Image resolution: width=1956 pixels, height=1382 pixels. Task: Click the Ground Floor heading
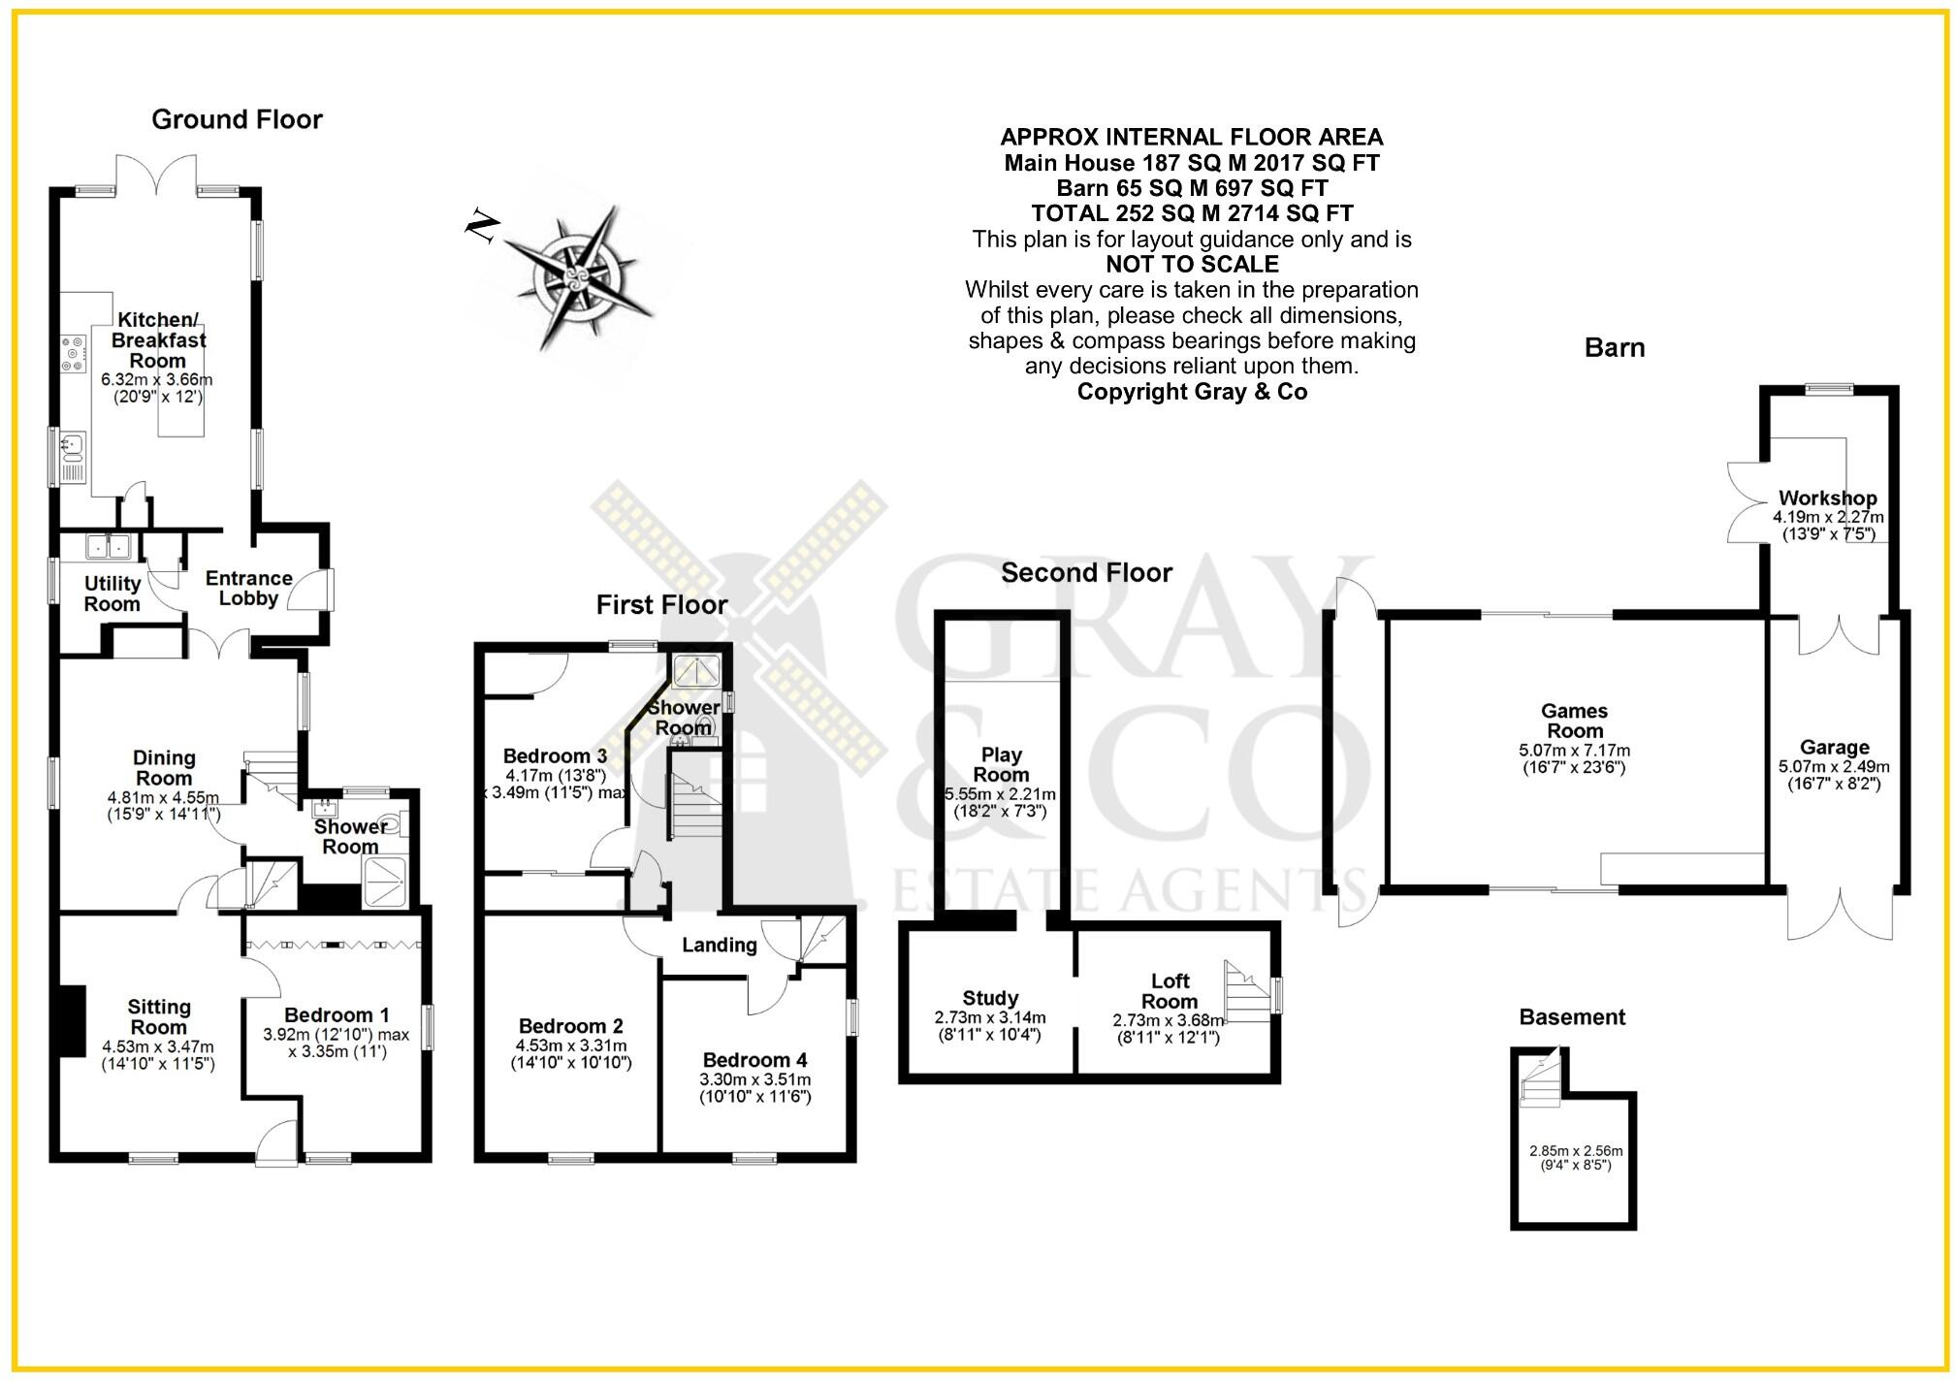point(237,119)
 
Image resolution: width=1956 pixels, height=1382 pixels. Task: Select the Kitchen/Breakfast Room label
point(158,339)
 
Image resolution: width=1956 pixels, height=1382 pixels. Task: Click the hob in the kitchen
point(73,354)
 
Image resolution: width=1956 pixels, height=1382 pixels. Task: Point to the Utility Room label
point(112,594)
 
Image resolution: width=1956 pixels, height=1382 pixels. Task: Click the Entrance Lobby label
point(248,588)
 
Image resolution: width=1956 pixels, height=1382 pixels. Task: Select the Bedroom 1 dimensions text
point(337,1043)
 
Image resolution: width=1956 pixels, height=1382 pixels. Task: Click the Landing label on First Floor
point(719,945)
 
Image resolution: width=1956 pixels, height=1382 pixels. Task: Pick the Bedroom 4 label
point(754,1060)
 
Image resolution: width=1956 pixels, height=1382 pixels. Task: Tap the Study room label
point(990,998)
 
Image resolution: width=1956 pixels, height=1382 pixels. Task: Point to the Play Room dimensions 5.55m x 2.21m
point(1000,802)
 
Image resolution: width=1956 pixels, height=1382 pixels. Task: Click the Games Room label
point(1574,721)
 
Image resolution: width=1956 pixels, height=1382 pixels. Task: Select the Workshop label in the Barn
point(1827,498)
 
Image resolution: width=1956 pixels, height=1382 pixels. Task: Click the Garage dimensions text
point(1833,774)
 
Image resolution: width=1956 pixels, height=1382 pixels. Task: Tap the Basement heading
point(1572,1017)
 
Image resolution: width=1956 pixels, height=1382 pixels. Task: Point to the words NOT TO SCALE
point(1192,264)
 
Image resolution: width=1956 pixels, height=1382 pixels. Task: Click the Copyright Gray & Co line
point(1192,392)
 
